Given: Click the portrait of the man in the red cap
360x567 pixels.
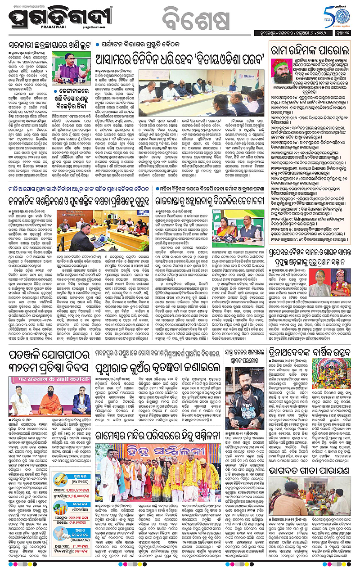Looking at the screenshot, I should (x=281, y=71).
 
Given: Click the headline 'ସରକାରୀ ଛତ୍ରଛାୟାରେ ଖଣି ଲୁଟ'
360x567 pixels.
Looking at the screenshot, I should (x=50, y=46).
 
